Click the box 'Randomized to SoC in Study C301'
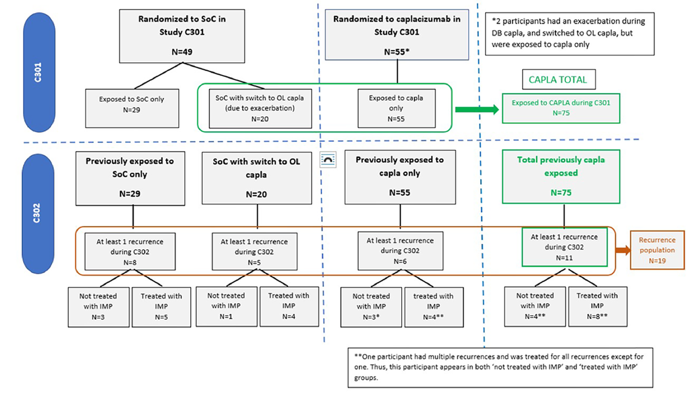182,36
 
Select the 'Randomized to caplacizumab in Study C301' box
397,35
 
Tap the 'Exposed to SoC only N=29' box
132,108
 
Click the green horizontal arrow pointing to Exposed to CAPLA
476,109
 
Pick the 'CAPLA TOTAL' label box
558,79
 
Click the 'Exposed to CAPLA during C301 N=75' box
560,108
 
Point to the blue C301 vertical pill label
38,72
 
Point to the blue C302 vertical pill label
37,213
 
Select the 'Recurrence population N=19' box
657,250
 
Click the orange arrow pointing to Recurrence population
623,250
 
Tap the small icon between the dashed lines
328,160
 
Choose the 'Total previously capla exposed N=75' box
560,176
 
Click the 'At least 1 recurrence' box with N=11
564,247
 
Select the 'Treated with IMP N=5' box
161,307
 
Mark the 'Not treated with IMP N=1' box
226,306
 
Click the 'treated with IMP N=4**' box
434,307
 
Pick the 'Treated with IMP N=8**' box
597,306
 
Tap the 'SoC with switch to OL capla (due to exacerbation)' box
260,108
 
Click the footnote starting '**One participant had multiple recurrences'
500,367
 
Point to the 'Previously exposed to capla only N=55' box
400,177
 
